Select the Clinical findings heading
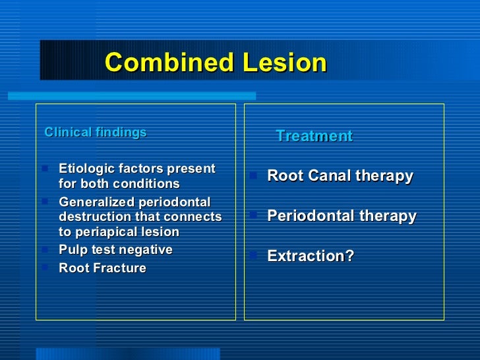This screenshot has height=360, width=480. (x=96, y=133)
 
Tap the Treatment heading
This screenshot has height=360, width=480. (x=314, y=136)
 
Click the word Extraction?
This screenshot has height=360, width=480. (x=311, y=256)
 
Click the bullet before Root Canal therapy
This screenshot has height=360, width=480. (x=254, y=175)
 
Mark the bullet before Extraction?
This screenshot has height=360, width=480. (x=254, y=254)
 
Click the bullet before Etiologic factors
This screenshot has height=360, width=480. (x=45, y=168)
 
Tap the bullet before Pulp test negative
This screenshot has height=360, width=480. (x=45, y=249)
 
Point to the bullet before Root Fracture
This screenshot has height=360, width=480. (x=45, y=267)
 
